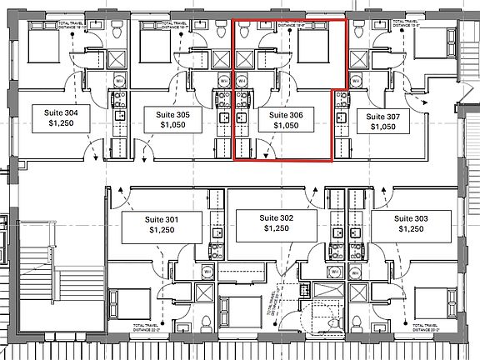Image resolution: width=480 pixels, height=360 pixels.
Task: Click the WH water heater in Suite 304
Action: click(116, 81)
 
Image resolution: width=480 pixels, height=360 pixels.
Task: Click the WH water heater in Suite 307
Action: click(356, 81)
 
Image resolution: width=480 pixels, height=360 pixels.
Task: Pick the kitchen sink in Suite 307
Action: click(340, 117)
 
